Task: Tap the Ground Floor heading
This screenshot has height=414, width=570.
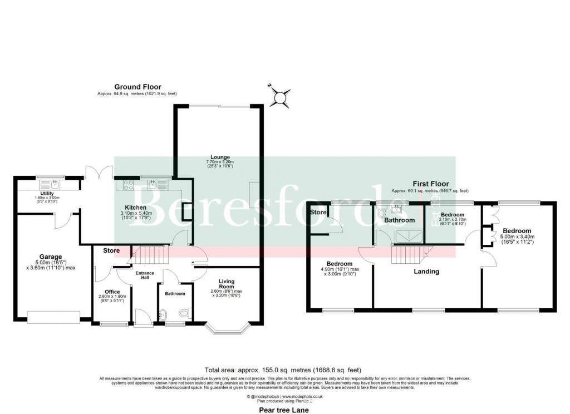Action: click(x=137, y=87)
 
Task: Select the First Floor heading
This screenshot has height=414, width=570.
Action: click(x=430, y=184)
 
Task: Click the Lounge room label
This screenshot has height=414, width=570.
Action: click(x=217, y=157)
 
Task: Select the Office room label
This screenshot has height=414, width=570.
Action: click(x=112, y=292)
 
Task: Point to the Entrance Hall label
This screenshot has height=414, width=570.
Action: click(x=145, y=275)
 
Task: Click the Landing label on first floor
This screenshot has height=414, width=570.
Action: click(x=426, y=272)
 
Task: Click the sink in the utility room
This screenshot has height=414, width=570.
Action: click(x=55, y=182)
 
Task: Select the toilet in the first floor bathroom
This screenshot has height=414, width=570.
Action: click(x=381, y=212)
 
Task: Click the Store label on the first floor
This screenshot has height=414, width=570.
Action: click(x=318, y=212)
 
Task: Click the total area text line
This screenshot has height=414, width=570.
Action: click(x=283, y=369)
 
